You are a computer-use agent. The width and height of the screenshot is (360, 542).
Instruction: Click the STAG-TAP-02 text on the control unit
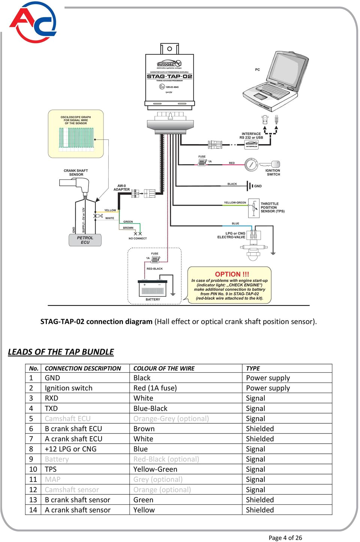pos(169,76)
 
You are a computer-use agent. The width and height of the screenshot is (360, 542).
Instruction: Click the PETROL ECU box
pos(85,240)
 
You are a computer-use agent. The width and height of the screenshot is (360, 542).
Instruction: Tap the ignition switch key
pos(269,164)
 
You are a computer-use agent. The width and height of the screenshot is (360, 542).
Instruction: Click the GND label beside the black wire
pos(258,186)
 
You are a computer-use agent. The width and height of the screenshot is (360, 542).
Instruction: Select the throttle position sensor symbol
pos(253,208)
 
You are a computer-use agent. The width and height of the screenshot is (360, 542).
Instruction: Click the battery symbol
pos(153,289)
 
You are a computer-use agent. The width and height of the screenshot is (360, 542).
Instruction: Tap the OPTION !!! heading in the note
pos(232,274)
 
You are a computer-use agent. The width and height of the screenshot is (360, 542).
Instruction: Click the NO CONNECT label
pos(138,238)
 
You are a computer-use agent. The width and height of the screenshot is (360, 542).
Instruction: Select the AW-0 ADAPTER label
pos(121,188)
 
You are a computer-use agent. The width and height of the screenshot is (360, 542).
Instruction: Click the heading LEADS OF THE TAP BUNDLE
pos(61,352)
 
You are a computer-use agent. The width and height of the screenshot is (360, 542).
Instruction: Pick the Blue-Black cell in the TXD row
pos(150,408)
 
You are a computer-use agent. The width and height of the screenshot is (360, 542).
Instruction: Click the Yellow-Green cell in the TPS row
pos(155,469)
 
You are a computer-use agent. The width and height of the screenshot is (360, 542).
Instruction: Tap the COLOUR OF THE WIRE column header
pos(164,368)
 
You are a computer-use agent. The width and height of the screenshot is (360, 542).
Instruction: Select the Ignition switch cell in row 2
pos(68,388)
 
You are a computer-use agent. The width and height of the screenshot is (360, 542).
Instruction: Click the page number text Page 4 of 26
pos(285,537)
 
